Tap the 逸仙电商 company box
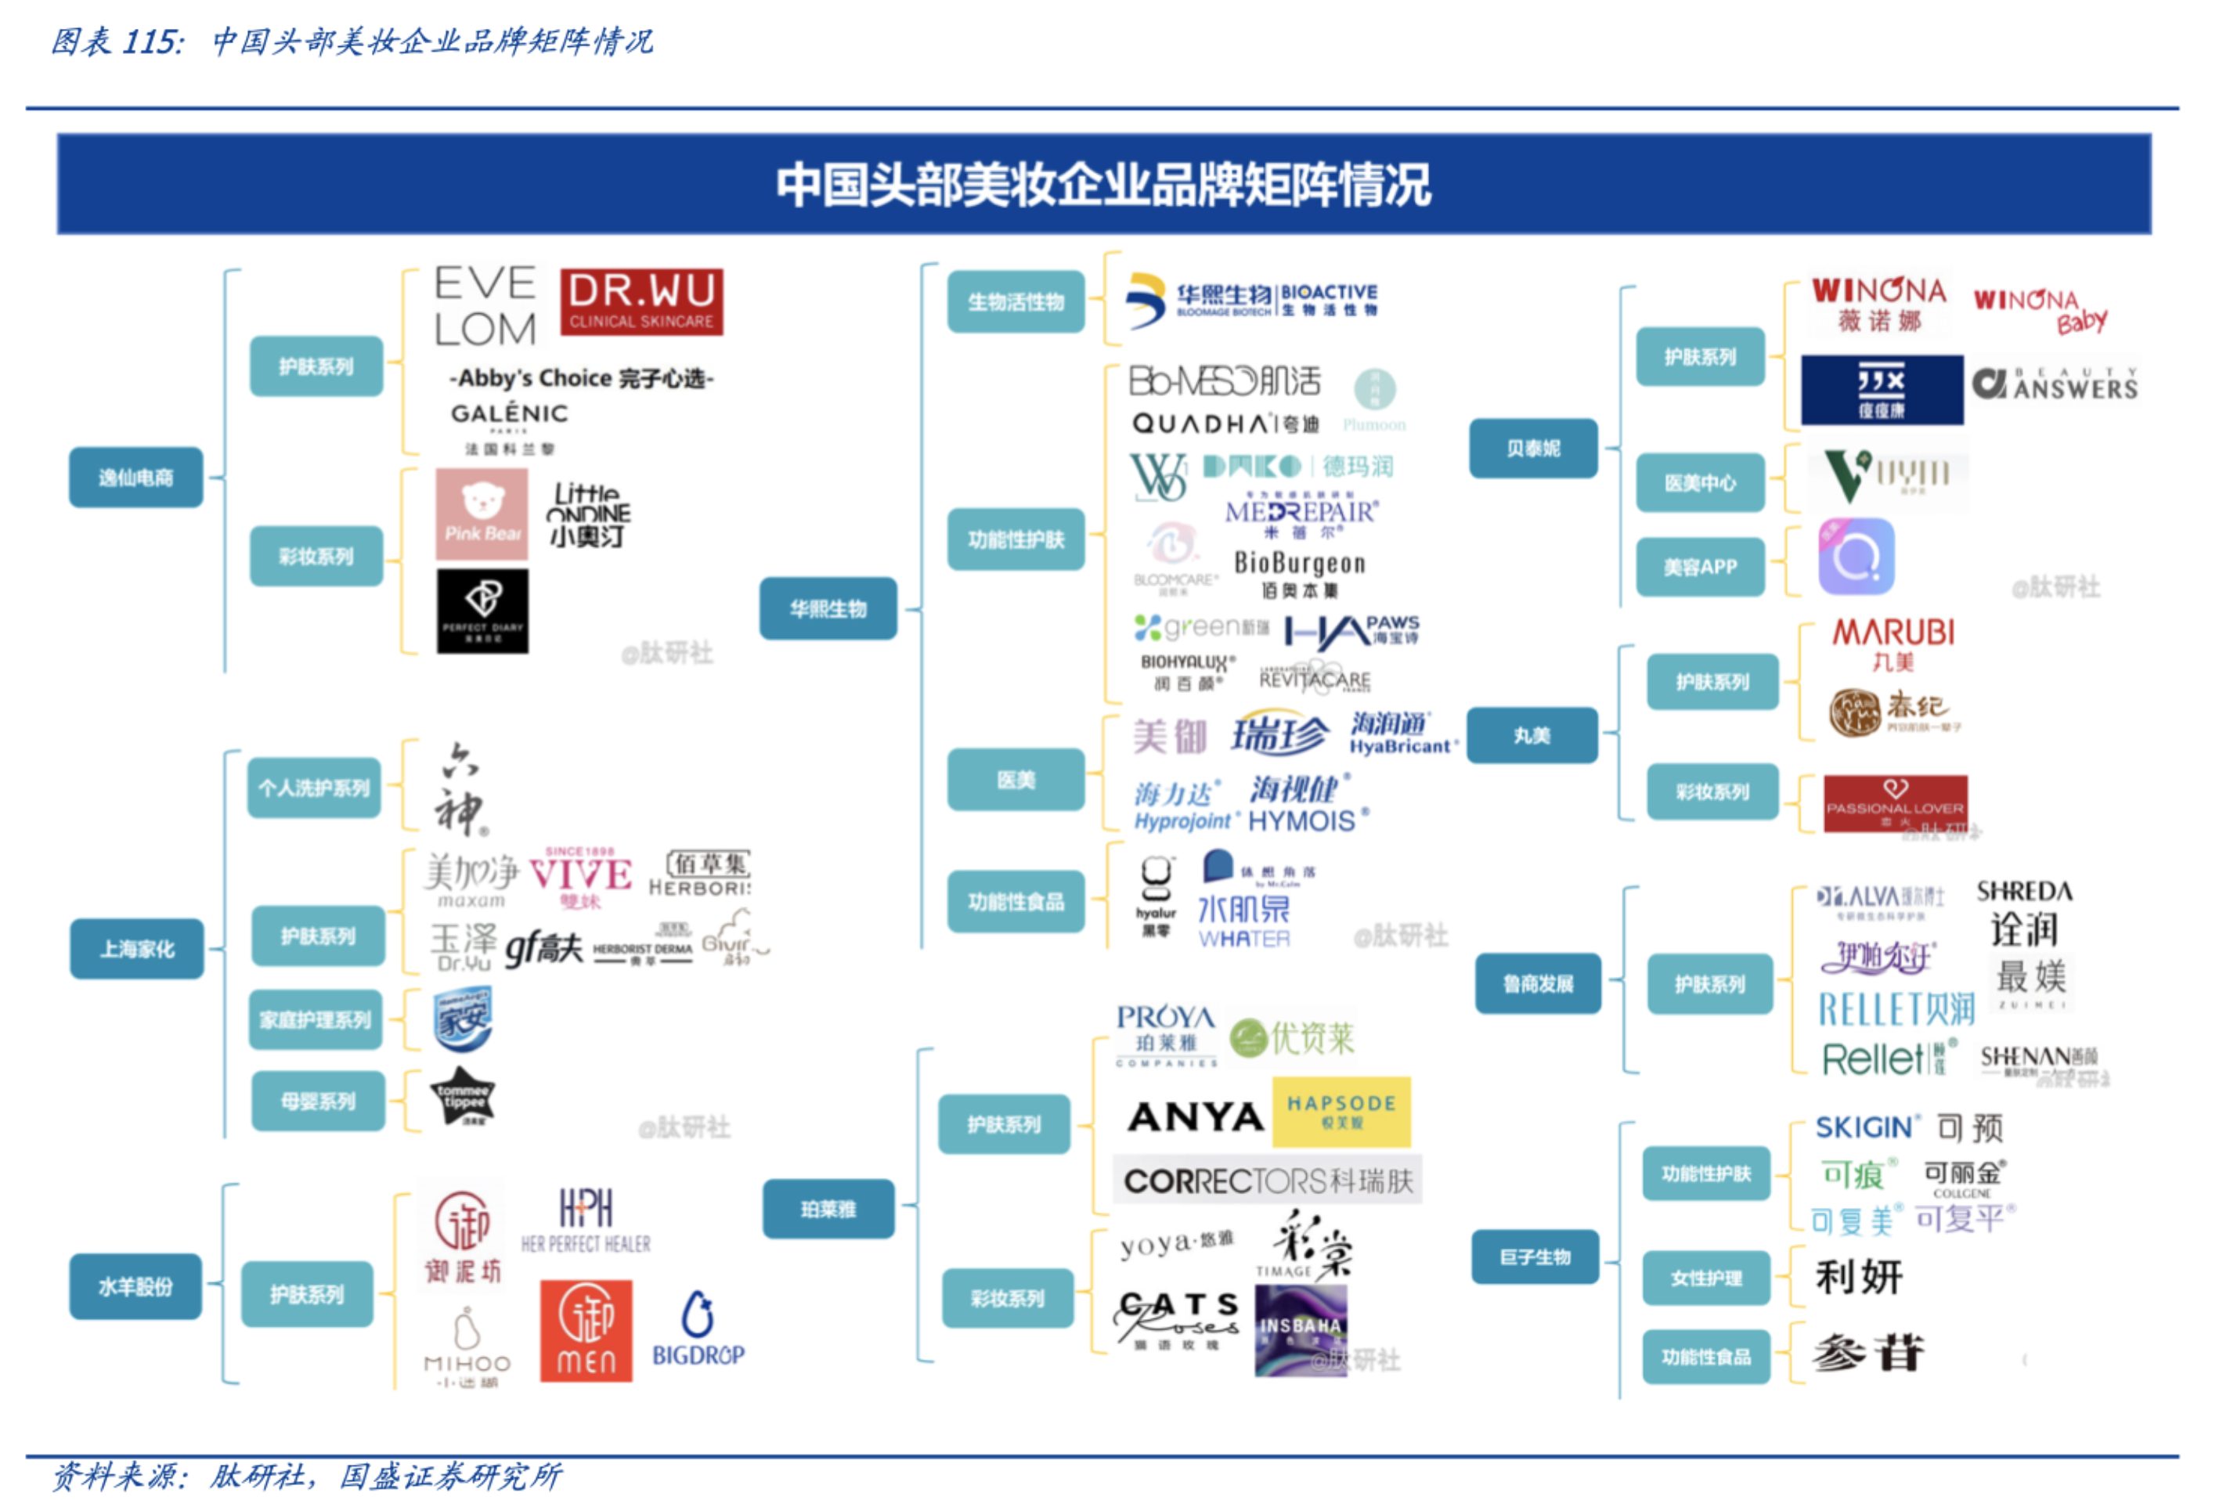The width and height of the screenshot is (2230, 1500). [x=135, y=478]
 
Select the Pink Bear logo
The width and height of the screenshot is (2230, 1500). [x=482, y=514]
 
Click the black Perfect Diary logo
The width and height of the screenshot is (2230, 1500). [x=482, y=611]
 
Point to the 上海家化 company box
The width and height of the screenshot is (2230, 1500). [x=137, y=949]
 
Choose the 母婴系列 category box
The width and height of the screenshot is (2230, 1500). [x=318, y=1101]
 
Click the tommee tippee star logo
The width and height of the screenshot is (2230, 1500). [x=463, y=1096]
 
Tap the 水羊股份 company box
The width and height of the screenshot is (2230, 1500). [x=135, y=1287]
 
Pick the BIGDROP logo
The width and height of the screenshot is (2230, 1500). [x=698, y=1329]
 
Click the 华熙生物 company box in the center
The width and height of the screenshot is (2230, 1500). [x=828, y=608]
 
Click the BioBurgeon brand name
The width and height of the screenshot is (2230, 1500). [x=1298, y=564]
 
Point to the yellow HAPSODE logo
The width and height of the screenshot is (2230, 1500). [x=1341, y=1112]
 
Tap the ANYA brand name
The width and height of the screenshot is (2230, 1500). [x=1195, y=1116]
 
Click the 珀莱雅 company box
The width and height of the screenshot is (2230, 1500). [x=828, y=1210]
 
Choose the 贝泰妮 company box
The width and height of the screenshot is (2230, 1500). [x=1532, y=448]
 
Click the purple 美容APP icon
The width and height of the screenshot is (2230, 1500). [x=1855, y=557]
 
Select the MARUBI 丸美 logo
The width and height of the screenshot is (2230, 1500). [x=1893, y=644]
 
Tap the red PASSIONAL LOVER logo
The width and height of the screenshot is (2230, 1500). [x=1894, y=802]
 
